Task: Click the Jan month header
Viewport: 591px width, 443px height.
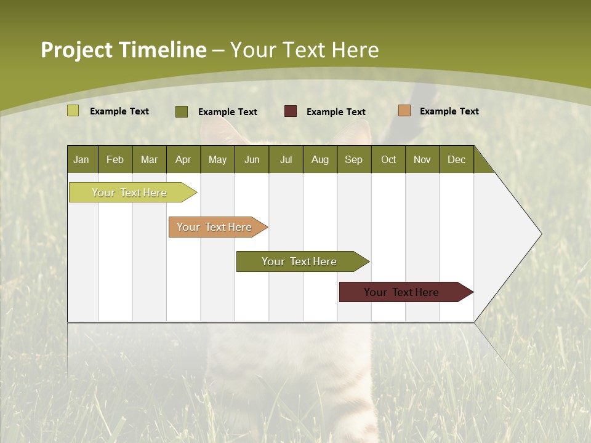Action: (82, 159)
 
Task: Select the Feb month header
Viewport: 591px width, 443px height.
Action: (115, 159)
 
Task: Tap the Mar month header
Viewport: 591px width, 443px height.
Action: (149, 159)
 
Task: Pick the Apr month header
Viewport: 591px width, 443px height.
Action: (183, 159)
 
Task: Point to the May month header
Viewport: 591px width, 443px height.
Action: (217, 159)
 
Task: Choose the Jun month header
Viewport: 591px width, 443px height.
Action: (252, 159)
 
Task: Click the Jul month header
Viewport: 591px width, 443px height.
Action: (286, 159)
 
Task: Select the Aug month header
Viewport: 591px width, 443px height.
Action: (320, 159)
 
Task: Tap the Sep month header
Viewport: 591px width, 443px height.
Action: (354, 159)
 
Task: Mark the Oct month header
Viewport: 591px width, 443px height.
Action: (388, 159)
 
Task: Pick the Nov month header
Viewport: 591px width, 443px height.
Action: (422, 159)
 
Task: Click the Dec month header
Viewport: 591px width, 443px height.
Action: (457, 159)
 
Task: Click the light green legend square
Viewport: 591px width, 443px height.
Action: (73, 111)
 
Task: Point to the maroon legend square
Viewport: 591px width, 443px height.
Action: (291, 111)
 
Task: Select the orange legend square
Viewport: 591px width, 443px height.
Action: (404, 111)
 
